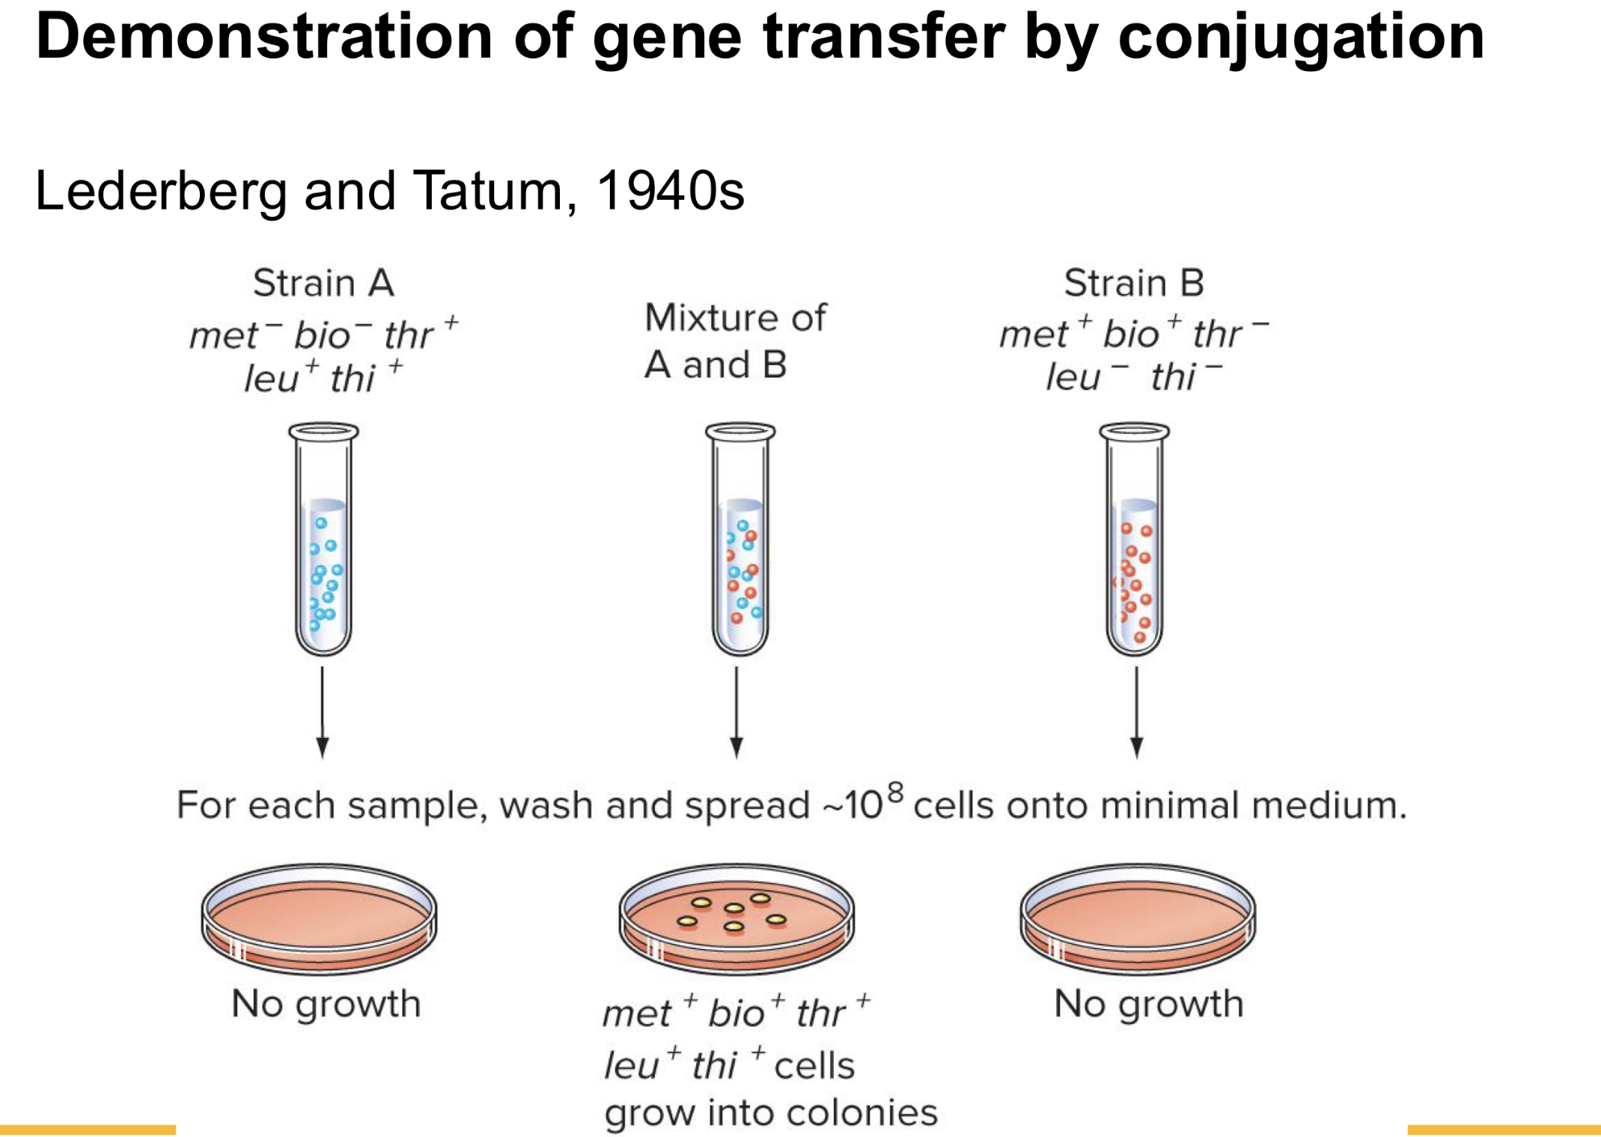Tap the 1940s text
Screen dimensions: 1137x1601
coord(670,191)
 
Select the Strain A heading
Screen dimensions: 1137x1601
coord(323,284)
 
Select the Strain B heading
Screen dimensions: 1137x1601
coord(1134,284)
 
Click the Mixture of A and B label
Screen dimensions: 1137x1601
coord(734,341)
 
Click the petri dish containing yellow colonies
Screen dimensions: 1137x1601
coord(737,919)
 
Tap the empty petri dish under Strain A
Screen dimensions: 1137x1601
coord(320,919)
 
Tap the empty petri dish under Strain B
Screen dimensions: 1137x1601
coord(1138,919)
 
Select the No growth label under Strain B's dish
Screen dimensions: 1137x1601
coord(1148,1004)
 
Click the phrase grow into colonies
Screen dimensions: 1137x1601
coord(771,1112)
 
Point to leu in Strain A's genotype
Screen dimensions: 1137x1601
coord(272,379)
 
